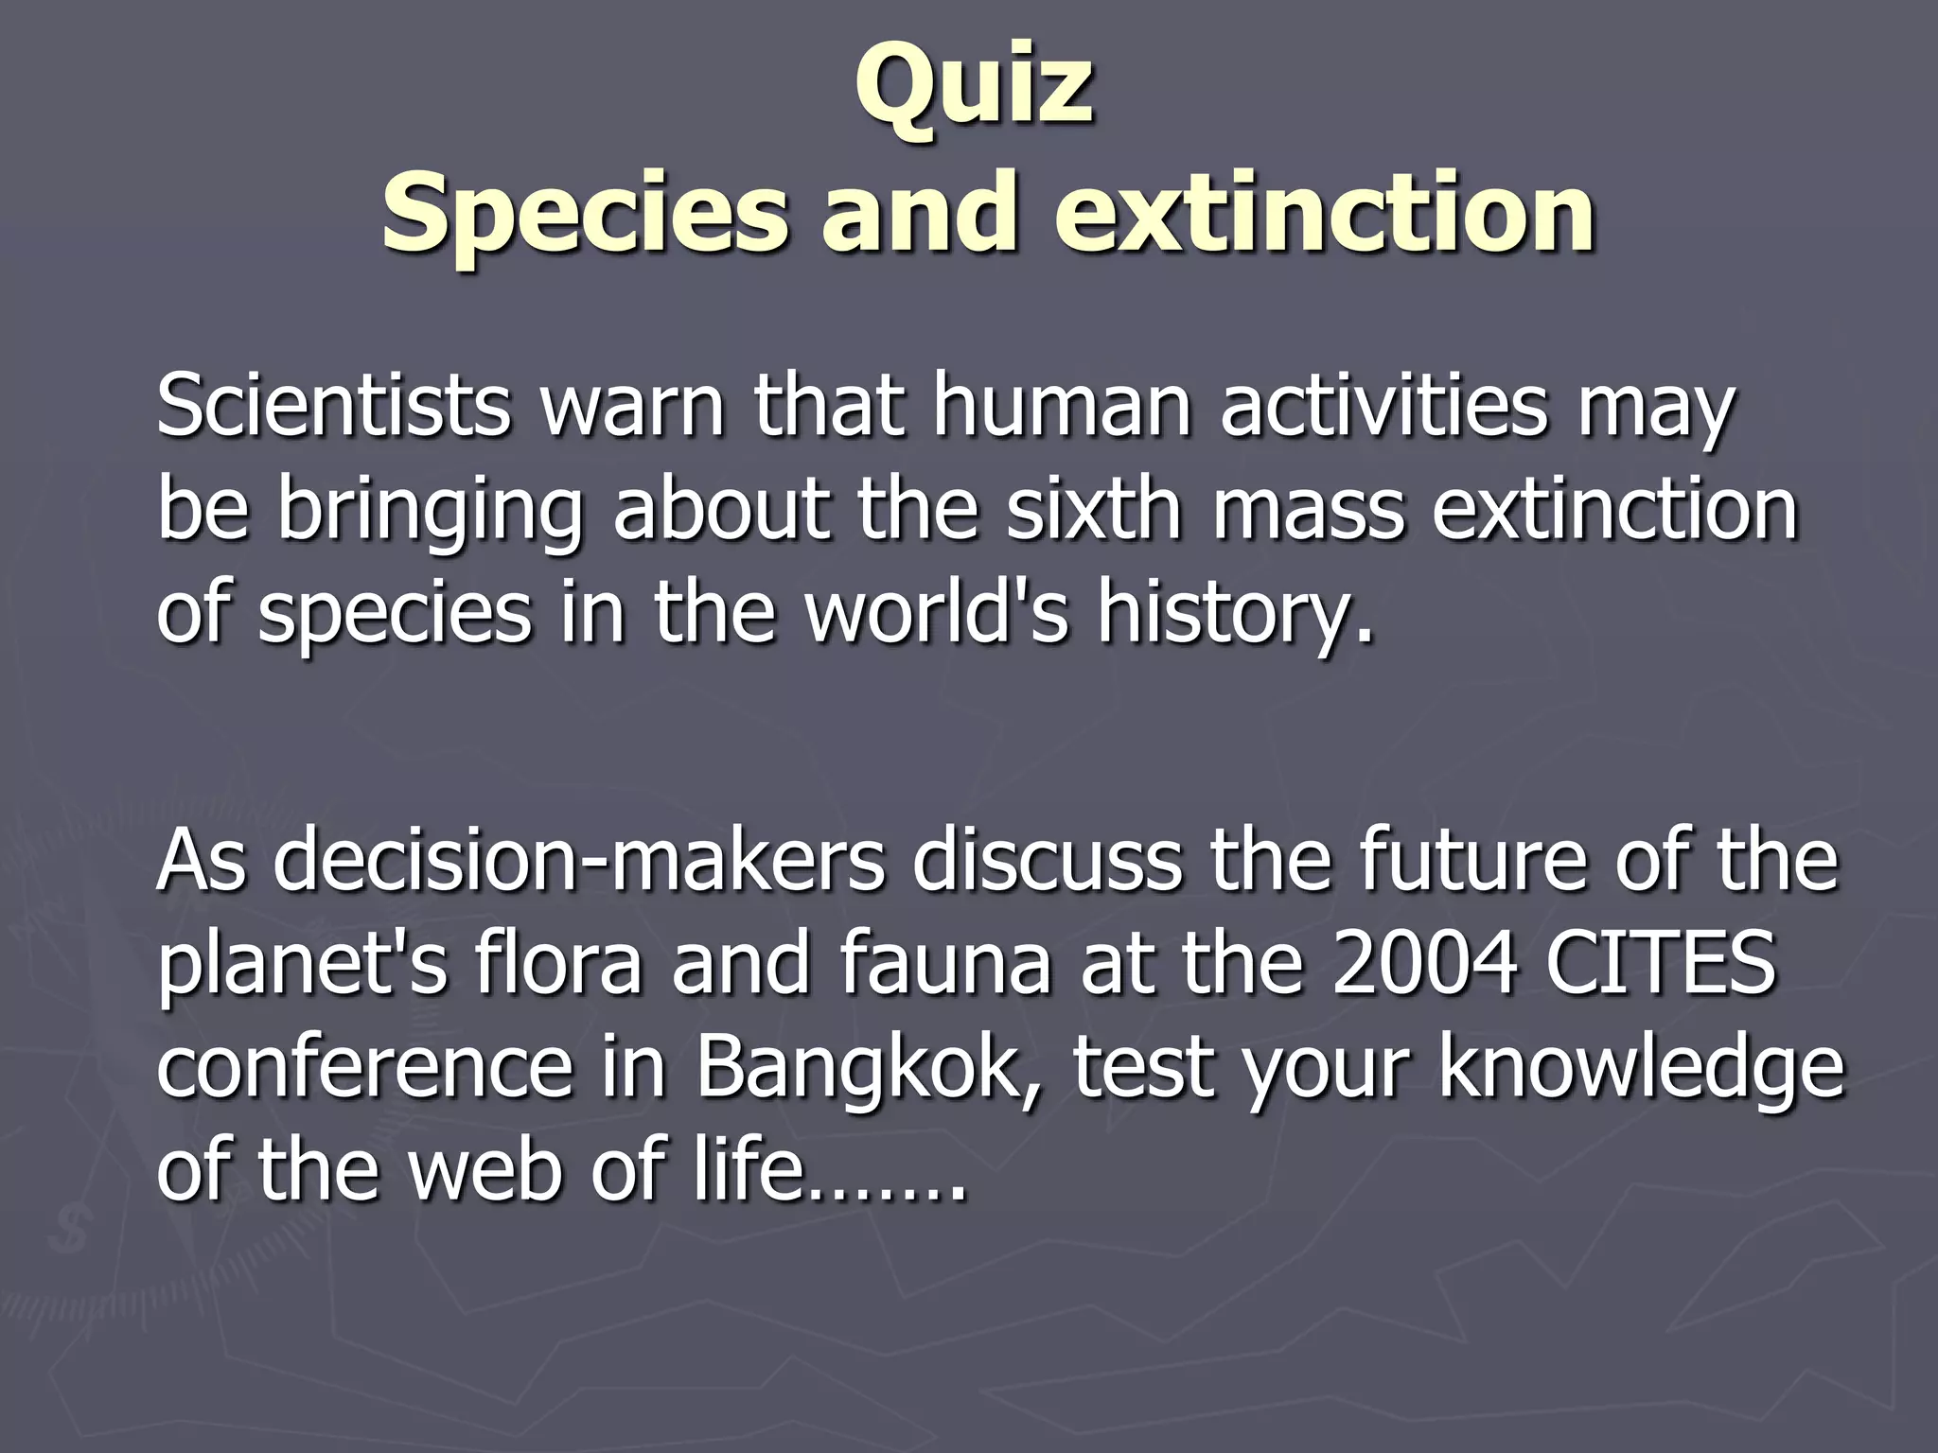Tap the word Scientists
coord(333,407)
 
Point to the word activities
coord(1384,407)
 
